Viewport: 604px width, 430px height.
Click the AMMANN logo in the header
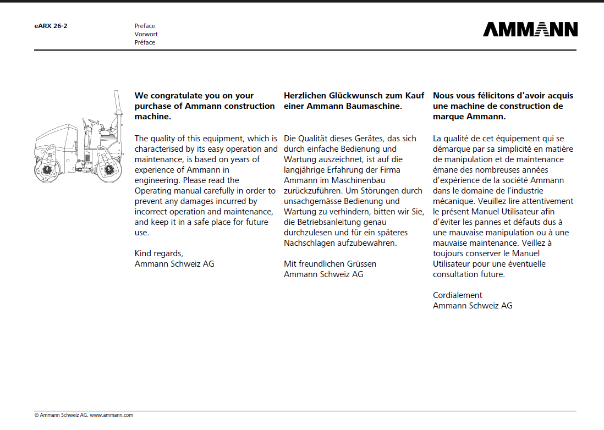tap(530, 29)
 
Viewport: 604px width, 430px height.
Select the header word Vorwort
tap(146, 34)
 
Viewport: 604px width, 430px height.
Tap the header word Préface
tap(145, 42)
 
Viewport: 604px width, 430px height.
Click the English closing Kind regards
tap(159, 253)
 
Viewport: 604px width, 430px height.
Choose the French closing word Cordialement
tap(458, 295)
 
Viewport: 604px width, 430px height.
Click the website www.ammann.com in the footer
tap(112, 415)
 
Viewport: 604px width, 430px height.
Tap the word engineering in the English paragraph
tap(157, 180)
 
